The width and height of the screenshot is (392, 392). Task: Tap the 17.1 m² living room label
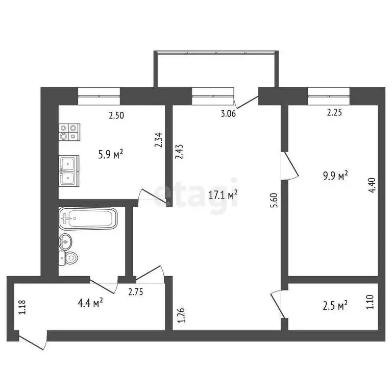(x=225, y=194)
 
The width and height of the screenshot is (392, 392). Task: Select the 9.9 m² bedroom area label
(x=336, y=176)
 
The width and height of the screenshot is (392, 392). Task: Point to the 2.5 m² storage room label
(x=336, y=305)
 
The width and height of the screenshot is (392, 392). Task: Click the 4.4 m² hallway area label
(x=91, y=303)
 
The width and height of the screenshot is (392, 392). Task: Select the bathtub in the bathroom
(x=88, y=218)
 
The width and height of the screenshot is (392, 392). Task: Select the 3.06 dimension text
(x=228, y=114)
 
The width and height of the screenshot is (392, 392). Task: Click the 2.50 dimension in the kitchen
(x=116, y=115)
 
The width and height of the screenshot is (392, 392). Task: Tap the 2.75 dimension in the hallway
(x=136, y=292)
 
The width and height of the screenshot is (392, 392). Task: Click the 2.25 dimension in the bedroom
(x=334, y=114)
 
